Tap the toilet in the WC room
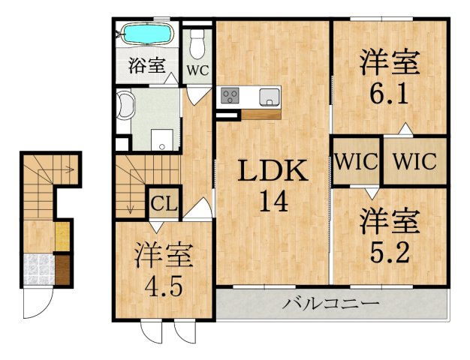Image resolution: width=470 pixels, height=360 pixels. point(198,45)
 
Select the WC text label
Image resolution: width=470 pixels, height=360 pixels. point(197,72)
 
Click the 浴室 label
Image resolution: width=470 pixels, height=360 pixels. point(147,66)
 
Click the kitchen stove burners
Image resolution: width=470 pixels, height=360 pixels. point(230,96)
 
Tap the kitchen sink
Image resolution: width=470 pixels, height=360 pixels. point(269,96)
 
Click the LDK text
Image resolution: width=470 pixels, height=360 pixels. point(272,172)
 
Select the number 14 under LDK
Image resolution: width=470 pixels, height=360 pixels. point(272,201)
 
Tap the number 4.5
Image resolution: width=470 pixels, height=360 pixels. point(164,287)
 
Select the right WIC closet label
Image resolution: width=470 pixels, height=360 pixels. point(414,161)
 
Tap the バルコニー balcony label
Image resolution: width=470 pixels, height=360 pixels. point(330,304)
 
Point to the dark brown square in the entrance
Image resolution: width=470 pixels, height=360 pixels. point(62,268)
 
